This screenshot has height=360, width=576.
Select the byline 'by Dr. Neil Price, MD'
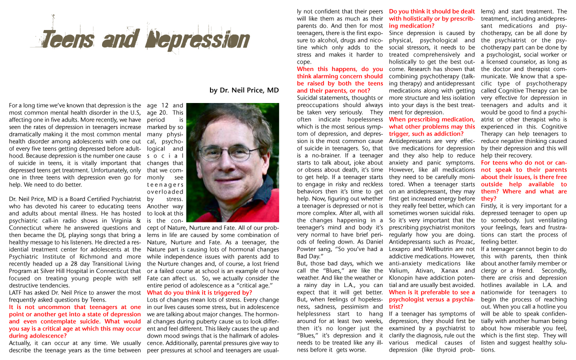244,90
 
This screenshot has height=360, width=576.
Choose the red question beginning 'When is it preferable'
432,299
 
